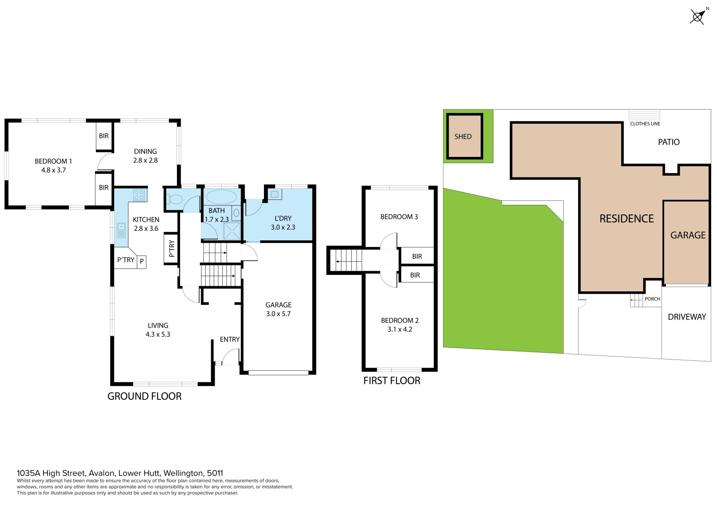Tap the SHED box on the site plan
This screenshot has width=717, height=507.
point(464,136)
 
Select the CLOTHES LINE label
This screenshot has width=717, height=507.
point(645,124)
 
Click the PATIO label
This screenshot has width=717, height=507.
point(669,142)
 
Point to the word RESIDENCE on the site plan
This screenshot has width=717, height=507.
point(626,218)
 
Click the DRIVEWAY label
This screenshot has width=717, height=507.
point(687,317)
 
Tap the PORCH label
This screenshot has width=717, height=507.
point(652,299)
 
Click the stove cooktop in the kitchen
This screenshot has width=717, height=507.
point(139,195)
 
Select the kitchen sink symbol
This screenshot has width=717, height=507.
point(121,230)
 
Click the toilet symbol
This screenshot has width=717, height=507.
point(173,199)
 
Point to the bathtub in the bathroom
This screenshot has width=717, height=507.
point(221,197)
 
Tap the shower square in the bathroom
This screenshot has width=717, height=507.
point(231,231)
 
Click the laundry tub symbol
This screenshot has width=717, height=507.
point(275,195)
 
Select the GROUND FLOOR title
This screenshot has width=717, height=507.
point(144,396)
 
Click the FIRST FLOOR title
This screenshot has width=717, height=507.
point(392,381)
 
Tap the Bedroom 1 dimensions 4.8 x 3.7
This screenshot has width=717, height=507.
point(53,170)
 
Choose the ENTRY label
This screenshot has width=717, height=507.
point(229,339)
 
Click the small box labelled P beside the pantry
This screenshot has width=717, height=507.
point(142,262)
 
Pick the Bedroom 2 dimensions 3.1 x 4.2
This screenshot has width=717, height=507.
point(400,329)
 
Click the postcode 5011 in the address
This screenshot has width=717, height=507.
point(215,473)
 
